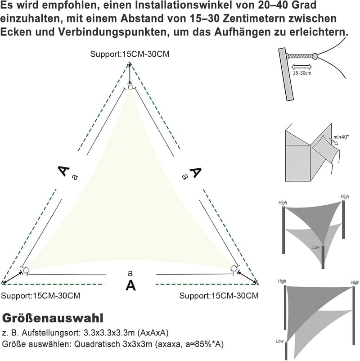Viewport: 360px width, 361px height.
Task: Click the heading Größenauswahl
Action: point(53,319)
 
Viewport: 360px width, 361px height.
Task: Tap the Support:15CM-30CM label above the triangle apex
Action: point(130,54)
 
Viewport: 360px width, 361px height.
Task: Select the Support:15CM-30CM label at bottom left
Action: point(40,296)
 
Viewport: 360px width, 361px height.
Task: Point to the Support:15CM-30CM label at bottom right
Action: point(219,296)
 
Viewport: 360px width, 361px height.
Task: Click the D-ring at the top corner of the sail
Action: point(130,87)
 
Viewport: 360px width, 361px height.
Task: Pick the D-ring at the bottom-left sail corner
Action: point(26,269)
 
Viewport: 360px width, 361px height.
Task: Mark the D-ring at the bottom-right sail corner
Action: point(234,268)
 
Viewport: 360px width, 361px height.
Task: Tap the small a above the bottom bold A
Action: point(130,273)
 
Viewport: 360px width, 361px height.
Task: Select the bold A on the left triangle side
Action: point(63,171)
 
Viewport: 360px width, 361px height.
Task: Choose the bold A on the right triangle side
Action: point(195,172)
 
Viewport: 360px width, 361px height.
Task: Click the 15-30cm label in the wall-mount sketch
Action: point(302,73)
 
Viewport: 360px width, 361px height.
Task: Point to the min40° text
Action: point(341,137)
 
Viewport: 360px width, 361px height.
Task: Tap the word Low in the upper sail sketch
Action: point(316,247)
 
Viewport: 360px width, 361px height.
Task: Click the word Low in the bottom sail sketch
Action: point(279,341)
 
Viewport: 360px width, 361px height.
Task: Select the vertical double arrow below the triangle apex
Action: point(130,74)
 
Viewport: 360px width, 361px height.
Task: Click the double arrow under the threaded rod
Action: point(301,67)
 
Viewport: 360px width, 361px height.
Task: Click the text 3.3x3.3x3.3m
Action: point(109,333)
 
